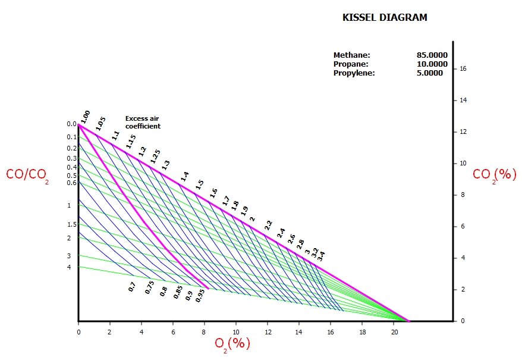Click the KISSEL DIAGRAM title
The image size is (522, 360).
coord(385,18)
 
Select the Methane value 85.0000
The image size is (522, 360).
coord(432,55)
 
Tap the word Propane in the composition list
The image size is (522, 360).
coord(351,64)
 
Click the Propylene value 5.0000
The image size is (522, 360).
coord(430,73)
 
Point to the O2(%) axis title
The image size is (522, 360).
coord(232,344)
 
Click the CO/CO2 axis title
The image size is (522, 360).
coord(26,175)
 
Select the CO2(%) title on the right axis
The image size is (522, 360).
coord(494,174)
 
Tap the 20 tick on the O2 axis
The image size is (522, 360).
coord(394,332)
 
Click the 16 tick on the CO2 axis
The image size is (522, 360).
coord(463,69)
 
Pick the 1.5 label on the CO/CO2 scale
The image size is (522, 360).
coord(72,224)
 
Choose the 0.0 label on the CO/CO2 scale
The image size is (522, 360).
coord(71,124)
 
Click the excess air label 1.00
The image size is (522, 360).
coord(85,117)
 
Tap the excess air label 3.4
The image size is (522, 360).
coord(321,256)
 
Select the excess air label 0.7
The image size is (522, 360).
coord(132,287)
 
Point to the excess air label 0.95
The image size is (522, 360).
coord(200,295)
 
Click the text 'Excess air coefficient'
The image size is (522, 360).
coord(143,122)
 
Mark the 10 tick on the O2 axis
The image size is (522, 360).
coord(236,332)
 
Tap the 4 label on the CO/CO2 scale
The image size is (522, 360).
coord(69,267)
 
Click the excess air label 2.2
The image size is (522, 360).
coord(268,226)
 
